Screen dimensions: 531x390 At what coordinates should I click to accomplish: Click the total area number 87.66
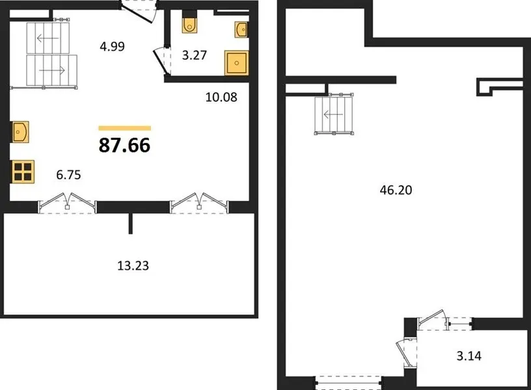coord(124,145)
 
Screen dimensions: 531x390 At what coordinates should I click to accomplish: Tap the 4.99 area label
coord(112,46)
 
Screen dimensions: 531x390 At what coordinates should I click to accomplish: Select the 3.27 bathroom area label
coord(195,55)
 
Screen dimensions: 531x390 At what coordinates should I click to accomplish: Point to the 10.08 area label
coord(221,97)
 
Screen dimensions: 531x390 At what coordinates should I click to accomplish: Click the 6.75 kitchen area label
coord(68,175)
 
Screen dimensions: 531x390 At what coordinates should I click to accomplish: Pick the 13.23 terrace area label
coord(133,265)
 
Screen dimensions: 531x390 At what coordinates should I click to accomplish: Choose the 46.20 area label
coord(396,190)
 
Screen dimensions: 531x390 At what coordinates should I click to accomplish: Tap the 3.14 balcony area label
coord(469,356)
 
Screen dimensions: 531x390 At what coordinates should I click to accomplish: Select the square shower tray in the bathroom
coord(236,62)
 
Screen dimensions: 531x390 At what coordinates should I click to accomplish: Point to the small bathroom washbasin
coord(241,29)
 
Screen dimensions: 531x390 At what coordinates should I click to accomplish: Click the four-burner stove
coord(23,172)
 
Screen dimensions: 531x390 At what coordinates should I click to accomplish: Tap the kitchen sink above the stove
coord(20,132)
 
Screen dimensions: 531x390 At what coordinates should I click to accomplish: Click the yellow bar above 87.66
coord(125,128)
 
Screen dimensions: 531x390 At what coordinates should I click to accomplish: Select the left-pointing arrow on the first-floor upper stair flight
coord(48,38)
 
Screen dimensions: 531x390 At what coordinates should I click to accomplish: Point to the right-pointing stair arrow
coord(52,71)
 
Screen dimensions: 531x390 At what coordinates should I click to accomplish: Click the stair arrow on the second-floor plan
coord(334,115)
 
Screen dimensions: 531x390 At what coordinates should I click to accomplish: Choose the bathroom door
coord(162,61)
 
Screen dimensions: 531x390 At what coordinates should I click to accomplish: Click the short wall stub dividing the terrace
coord(130,223)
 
